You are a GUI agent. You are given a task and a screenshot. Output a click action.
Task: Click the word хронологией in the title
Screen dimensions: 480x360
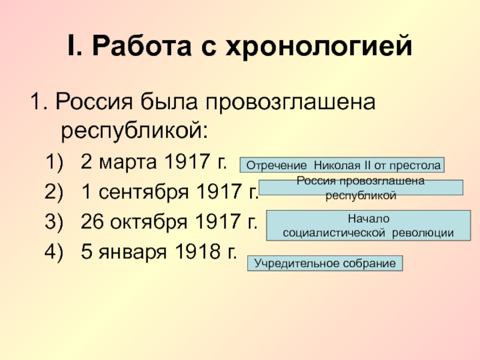coord(319,47)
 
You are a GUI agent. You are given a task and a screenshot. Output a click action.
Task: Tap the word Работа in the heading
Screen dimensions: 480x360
coord(142,46)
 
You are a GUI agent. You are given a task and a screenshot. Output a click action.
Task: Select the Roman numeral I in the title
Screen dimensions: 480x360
coord(73,46)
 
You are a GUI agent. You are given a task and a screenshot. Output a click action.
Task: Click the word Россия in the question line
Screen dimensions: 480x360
coord(94,102)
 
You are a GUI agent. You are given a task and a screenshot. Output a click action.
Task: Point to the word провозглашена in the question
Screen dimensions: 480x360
coord(290,103)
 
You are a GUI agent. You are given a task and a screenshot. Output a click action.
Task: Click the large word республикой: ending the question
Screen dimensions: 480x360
coord(134,131)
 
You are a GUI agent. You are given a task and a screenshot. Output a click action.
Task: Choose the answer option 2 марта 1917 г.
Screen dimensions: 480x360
coord(154,161)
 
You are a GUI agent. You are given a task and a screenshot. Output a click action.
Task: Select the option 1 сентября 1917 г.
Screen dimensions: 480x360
coord(170,191)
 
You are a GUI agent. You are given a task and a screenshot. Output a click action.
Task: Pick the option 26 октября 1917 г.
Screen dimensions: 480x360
coord(169,221)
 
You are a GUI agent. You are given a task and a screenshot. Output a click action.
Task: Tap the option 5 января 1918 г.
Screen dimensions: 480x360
coord(159,251)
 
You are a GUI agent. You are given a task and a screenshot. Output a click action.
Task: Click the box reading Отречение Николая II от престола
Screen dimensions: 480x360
coord(342,165)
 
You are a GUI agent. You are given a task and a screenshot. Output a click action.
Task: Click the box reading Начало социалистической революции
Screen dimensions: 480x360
coord(368,226)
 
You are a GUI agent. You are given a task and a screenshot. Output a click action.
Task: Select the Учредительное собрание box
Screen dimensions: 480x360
coord(325,263)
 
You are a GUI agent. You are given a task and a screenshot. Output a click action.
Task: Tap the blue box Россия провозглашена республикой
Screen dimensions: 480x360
coord(361,188)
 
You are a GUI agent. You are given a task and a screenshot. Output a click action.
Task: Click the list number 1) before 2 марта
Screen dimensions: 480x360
coord(54,162)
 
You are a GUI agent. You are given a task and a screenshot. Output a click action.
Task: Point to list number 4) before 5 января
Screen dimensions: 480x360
coord(54,252)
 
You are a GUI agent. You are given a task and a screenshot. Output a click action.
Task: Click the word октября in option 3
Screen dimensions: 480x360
coord(148,222)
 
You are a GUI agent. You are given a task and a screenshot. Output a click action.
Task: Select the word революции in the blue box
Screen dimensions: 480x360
coord(423,233)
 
